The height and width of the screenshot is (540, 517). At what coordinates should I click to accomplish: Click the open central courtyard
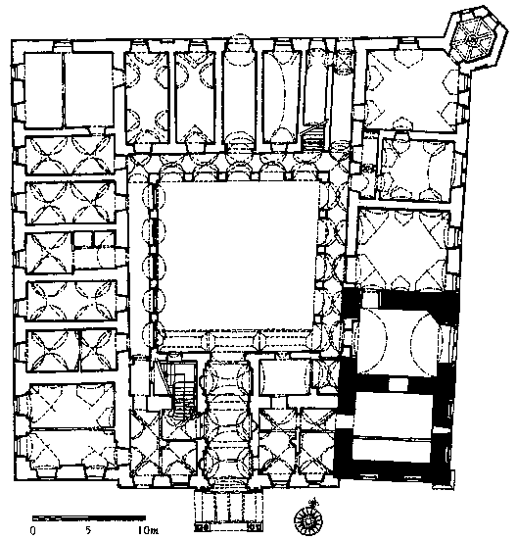(237, 255)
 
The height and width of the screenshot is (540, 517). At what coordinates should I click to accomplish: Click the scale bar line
(89, 517)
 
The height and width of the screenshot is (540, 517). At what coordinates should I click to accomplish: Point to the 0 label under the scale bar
(33, 530)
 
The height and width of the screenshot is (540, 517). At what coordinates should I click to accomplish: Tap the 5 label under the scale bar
(88, 530)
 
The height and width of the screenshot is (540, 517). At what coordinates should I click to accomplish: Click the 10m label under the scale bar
(148, 530)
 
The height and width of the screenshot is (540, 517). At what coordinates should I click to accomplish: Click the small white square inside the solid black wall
(398, 384)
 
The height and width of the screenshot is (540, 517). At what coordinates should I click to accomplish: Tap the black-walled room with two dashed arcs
(399, 339)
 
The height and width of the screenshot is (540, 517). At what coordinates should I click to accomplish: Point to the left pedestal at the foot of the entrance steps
(203, 527)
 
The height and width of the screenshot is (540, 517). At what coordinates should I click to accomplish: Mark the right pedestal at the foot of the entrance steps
(256, 527)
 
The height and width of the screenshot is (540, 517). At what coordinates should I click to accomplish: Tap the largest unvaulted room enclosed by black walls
(394, 414)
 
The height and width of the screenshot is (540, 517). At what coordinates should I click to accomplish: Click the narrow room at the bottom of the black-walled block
(392, 449)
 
